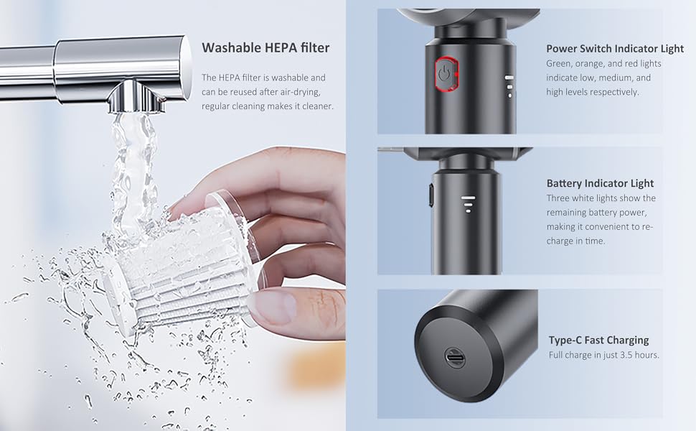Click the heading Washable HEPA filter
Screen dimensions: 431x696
pyautogui.click(x=265, y=48)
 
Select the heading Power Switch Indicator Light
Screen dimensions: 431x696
pyautogui.click(x=615, y=49)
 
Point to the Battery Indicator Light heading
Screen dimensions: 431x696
pyautogui.click(x=600, y=183)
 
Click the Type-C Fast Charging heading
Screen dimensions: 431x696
pyautogui.click(x=598, y=340)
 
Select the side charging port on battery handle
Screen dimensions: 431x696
pyautogui.click(x=430, y=194)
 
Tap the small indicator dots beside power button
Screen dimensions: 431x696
pyautogui.click(x=509, y=86)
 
